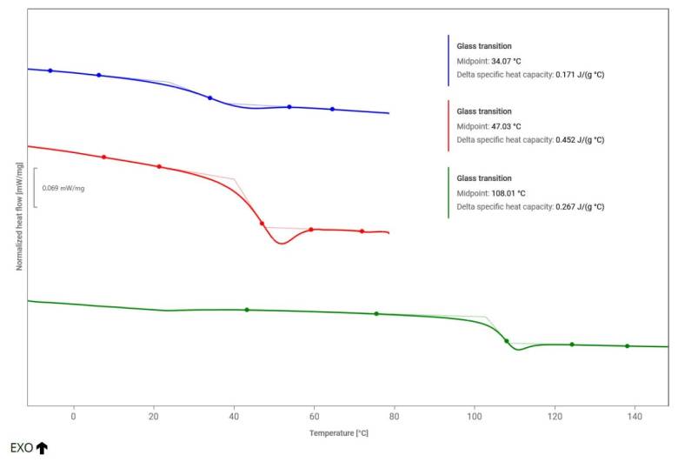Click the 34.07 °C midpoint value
[x=506, y=62]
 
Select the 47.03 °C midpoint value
[x=506, y=126]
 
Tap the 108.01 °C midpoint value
[x=508, y=193]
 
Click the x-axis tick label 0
[x=73, y=416]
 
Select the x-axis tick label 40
[x=234, y=416]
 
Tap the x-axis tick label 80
[x=394, y=416]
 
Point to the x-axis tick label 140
[x=635, y=416]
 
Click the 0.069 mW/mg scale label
[x=63, y=188]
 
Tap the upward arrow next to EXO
[x=42, y=448]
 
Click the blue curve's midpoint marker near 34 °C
[x=210, y=97]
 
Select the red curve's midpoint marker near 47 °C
[x=262, y=224]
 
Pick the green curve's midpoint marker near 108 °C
[x=507, y=341]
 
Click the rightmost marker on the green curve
[x=627, y=345]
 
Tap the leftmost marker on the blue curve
[x=50, y=70]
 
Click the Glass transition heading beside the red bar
[x=484, y=111]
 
